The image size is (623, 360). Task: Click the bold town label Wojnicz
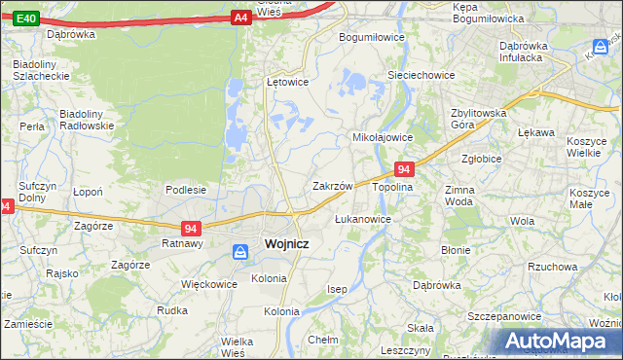click(286, 244)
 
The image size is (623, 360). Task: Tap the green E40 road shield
click(26, 18)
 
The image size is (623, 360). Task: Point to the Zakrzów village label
click(331, 185)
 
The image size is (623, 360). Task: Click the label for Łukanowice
click(362, 219)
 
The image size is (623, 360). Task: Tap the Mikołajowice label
click(383, 137)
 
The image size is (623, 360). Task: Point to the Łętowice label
click(287, 82)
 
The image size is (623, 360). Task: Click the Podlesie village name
click(185, 190)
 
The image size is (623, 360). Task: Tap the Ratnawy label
click(182, 244)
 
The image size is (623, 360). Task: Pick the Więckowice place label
click(209, 285)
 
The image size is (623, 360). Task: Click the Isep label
click(337, 289)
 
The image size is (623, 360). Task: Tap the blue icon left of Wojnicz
click(239, 252)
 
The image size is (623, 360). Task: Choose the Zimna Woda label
click(458, 196)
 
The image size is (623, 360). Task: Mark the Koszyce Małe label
click(589, 198)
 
